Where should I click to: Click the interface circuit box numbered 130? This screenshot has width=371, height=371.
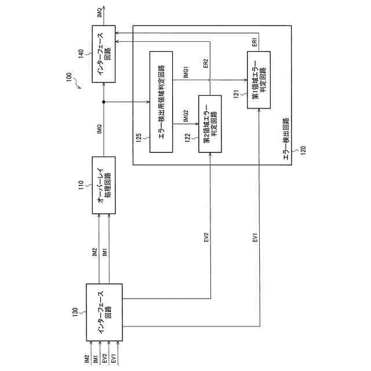pyautogui.click(x=104, y=312)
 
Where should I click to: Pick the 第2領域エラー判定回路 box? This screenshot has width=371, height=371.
pyautogui.click(x=210, y=123)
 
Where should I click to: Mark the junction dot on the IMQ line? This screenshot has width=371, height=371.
pyautogui.click(x=104, y=102)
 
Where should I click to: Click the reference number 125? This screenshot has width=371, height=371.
pyautogui.click(x=140, y=137)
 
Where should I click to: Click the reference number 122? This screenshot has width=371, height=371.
pyautogui.click(x=188, y=137)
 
